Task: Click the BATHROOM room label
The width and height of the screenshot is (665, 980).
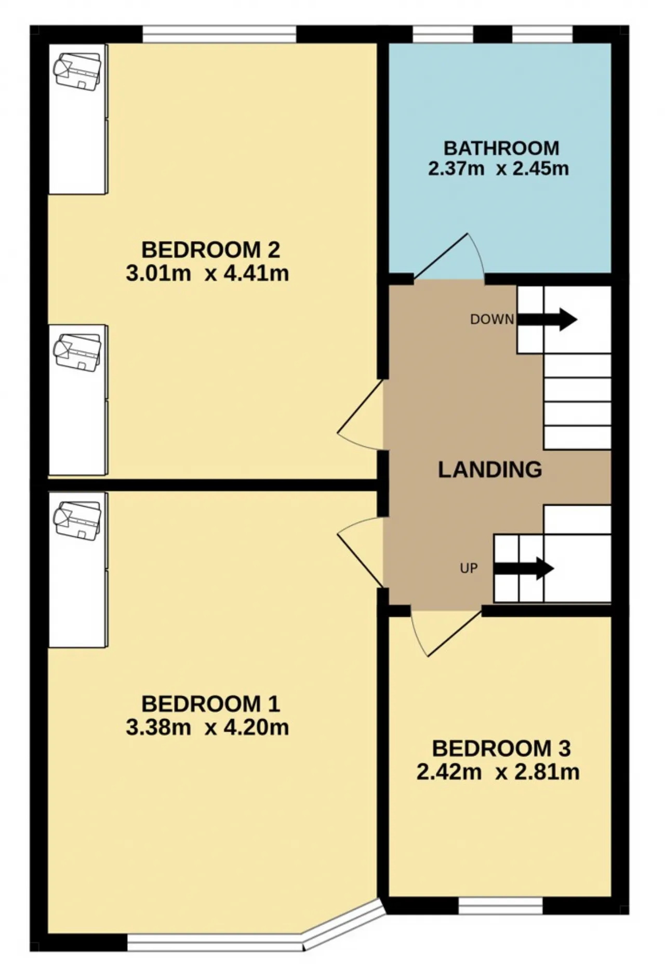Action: (x=501, y=149)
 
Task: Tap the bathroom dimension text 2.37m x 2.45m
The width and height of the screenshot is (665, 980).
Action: (x=499, y=169)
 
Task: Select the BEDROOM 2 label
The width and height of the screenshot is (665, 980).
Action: (x=210, y=250)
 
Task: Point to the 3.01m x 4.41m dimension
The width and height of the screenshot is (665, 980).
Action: (x=207, y=273)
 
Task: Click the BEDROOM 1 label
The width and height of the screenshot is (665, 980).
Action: (x=210, y=704)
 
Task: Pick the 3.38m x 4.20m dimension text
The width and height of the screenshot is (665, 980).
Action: (x=207, y=727)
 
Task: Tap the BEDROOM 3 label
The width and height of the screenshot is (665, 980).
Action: (x=501, y=749)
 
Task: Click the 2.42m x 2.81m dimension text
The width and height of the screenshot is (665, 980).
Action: (x=498, y=772)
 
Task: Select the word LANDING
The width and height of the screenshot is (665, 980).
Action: (x=490, y=470)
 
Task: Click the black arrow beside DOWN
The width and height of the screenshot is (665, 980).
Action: (x=547, y=319)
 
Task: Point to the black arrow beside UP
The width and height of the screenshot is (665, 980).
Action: (x=524, y=568)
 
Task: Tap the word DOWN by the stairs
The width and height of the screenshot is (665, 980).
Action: (x=492, y=320)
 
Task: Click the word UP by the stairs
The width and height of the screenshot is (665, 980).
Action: (x=469, y=568)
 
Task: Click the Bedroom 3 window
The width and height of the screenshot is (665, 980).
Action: (x=501, y=906)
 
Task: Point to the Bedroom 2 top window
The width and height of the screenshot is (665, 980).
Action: (x=219, y=34)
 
